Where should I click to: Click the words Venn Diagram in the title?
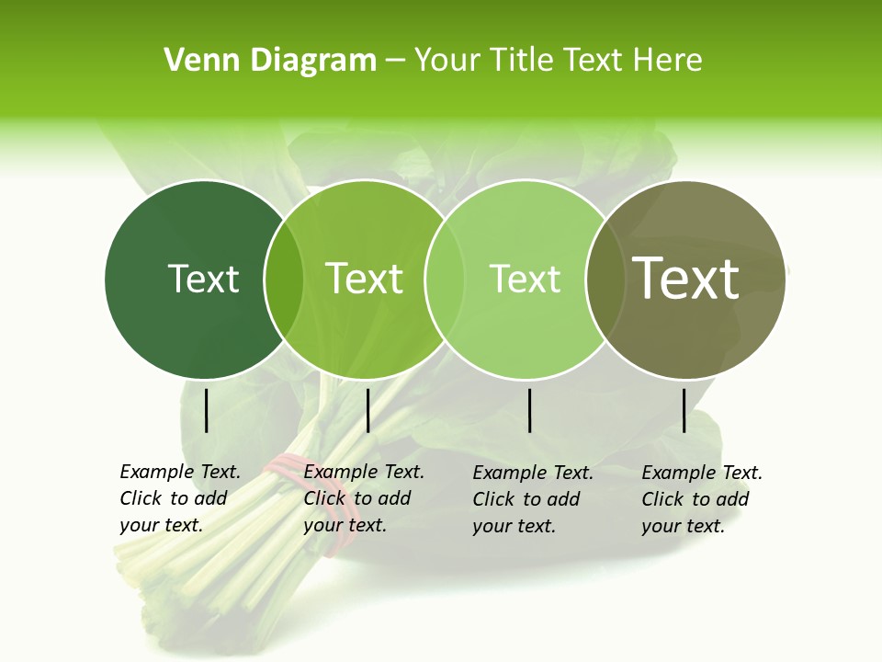(270, 61)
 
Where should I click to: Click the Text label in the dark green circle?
(203, 279)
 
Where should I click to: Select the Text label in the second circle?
(365, 279)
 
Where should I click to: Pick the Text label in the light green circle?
(525, 279)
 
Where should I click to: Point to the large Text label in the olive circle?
(686, 279)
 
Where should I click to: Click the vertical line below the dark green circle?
(207, 410)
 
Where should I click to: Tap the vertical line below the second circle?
(367, 410)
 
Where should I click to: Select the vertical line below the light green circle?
(530, 410)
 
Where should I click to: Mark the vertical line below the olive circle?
(684, 410)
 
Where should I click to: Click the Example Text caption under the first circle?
(179, 498)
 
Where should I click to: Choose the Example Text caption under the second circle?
(363, 498)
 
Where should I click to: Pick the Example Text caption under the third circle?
(532, 499)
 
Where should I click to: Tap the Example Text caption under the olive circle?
(701, 499)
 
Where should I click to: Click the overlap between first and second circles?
(284, 279)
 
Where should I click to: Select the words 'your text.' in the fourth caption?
(683, 526)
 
